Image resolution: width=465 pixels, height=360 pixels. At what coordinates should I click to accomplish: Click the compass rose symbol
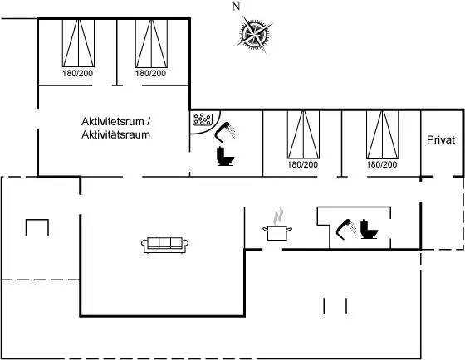pos(254,34)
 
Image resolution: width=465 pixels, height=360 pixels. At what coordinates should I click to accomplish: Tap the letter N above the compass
pos(236,7)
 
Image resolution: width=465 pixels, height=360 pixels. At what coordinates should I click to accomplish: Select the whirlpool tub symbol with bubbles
pos(203,119)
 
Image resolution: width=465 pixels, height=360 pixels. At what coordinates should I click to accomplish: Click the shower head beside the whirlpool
pos(225,132)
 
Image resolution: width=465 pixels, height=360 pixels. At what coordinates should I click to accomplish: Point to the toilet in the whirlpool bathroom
pos(225,156)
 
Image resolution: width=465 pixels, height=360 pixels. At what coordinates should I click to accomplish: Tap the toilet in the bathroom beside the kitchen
pos(369,229)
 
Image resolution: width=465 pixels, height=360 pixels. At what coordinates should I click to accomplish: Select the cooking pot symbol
pos(277,233)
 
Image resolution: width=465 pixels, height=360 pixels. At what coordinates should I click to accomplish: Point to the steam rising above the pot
pos(278,216)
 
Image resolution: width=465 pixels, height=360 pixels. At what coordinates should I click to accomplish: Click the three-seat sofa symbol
pos(164,245)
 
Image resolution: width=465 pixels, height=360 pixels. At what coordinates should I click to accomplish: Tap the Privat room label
pos(441,140)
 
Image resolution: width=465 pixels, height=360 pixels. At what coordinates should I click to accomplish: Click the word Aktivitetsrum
pos(113,121)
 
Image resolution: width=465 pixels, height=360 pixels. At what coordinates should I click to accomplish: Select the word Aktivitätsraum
pos(115,135)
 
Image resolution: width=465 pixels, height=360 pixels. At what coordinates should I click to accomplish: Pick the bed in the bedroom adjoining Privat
pos(382,134)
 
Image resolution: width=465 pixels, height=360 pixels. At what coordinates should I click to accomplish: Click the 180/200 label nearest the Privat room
pos(382,164)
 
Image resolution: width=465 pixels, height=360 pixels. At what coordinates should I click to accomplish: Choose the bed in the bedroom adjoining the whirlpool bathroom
pos(303,134)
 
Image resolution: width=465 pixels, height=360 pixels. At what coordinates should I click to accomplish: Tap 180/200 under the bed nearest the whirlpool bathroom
pos(302,164)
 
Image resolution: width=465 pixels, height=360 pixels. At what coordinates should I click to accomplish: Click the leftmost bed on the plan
pos(78,43)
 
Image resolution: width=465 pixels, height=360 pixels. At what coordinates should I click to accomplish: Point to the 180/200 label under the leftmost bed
pos(78,73)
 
